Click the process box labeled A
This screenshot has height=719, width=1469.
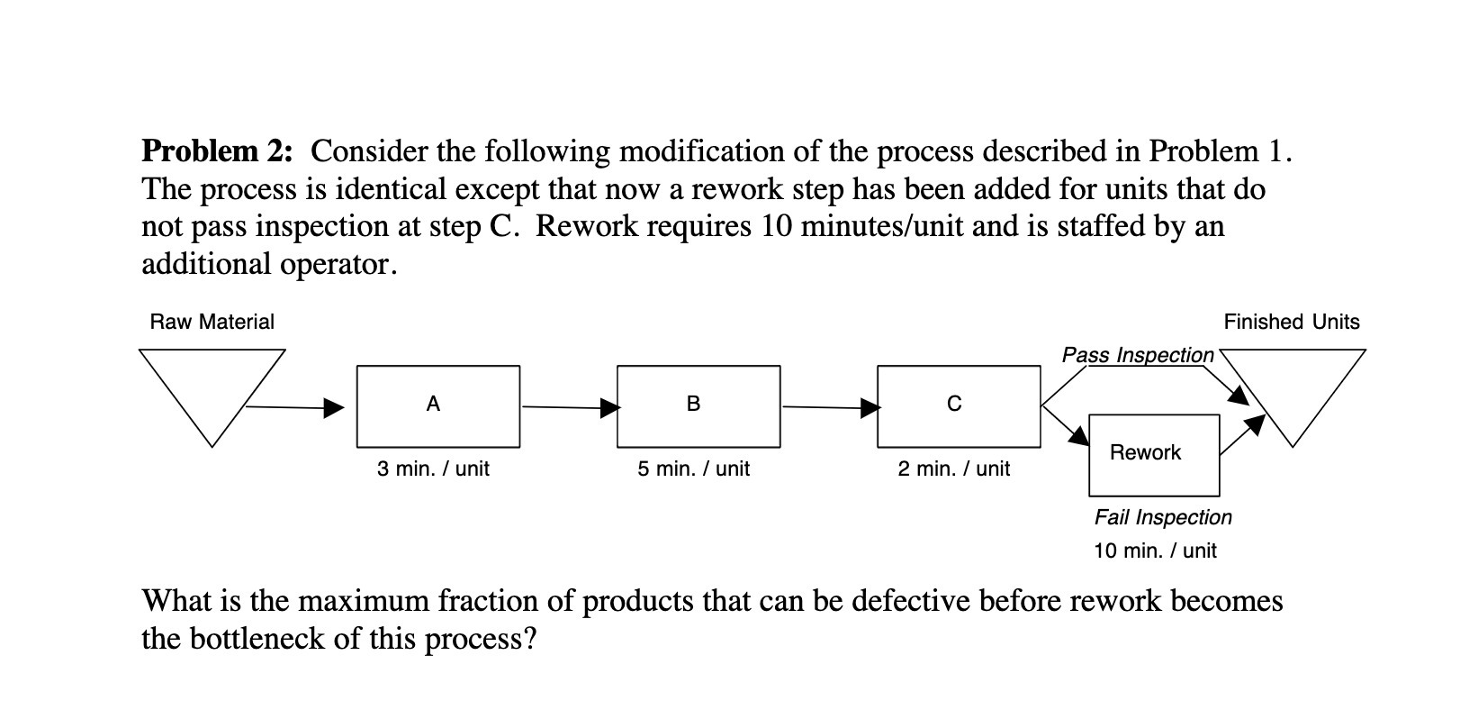(437, 406)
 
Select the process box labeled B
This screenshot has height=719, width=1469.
(698, 406)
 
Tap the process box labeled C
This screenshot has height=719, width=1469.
(959, 406)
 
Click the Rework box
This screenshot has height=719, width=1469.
(1154, 455)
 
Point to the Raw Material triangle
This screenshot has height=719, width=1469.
(212, 387)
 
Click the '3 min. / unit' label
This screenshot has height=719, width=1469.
(433, 469)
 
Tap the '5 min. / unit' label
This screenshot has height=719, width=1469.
(693, 469)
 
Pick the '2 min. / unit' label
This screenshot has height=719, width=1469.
(953, 469)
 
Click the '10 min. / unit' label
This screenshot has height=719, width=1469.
(1155, 551)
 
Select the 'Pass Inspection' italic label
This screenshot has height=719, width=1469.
(1138, 355)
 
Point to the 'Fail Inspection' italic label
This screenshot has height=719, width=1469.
(1163, 517)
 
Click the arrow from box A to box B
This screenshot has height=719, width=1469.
(569, 407)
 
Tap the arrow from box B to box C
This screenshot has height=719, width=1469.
(829, 408)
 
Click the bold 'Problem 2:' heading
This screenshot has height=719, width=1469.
(217, 150)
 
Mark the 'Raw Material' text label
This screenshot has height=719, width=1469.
(212, 322)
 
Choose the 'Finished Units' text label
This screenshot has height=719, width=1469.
(1291, 322)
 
